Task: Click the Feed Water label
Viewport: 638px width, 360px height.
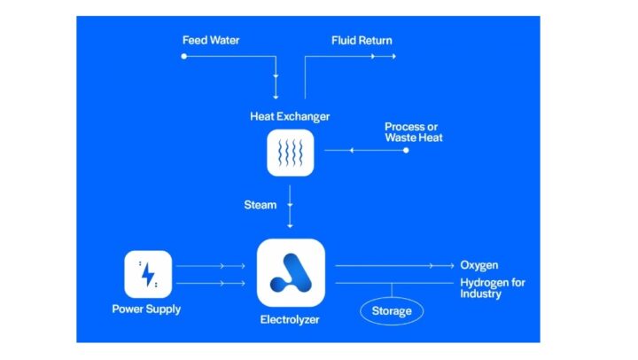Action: tap(211, 40)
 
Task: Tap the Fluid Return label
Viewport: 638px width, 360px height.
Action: tap(362, 40)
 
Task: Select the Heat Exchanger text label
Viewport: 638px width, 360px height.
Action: tap(290, 116)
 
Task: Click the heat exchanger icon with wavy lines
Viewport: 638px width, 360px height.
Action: tap(291, 153)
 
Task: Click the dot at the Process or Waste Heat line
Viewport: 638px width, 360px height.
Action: tap(406, 151)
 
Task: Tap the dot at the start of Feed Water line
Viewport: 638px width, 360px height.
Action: tap(184, 56)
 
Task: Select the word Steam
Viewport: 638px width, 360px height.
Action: tap(260, 205)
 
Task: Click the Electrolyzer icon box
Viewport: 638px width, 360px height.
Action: tap(291, 272)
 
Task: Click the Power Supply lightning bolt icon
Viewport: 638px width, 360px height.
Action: tap(148, 274)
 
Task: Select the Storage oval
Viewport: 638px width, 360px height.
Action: tap(391, 311)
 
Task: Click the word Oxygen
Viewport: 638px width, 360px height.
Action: tap(478, 265)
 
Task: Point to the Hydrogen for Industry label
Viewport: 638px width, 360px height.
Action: tap(492, 288)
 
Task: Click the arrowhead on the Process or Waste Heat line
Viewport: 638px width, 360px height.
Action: tap(352, 151)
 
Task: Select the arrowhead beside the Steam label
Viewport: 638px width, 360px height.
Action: tap(291, 206)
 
